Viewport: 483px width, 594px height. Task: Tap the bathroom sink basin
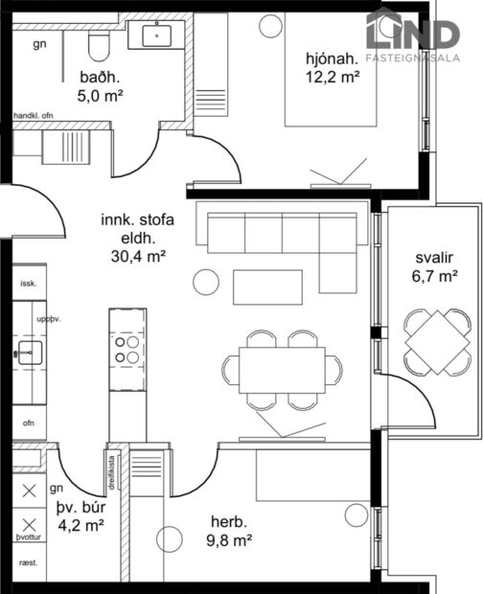(157, 36)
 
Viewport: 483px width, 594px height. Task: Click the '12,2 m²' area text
(332, 76)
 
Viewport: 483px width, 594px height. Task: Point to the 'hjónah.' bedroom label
(332, 57)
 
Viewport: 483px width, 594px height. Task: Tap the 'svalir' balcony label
(436, 259)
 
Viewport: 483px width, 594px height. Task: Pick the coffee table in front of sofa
(267, 286)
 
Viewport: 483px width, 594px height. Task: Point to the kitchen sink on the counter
(30, 353)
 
